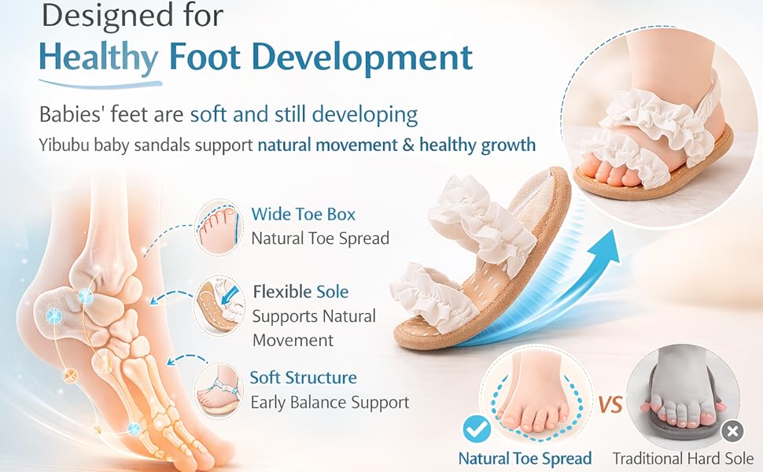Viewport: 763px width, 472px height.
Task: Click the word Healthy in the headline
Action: pos(99,58)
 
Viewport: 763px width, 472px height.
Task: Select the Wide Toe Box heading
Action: pos(303,214)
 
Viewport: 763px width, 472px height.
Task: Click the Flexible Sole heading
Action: pos(300,292)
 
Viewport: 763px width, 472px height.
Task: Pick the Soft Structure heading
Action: pos(303,378)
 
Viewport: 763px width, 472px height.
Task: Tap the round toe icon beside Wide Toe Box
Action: pos(218,227)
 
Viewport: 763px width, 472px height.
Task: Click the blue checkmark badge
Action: pos(477,429)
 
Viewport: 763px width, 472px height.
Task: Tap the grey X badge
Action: pos(732,431)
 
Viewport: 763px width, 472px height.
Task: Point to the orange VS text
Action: pos(610,405)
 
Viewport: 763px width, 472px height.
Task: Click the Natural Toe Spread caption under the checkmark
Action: pos(525,459)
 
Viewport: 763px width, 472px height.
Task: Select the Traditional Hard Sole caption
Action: pos(684,459)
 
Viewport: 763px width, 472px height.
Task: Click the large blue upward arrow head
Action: pos(604,249)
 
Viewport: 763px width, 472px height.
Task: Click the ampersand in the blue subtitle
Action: pos(408,145)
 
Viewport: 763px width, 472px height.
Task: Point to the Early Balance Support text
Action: pos(330,403)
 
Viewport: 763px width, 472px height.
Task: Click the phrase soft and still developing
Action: pos(304,114)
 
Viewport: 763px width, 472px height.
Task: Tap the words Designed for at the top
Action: pos(132,16)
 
